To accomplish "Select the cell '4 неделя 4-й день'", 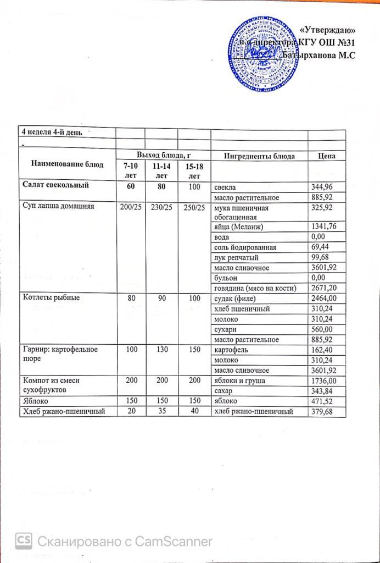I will point(52,132).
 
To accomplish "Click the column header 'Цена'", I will point(327,156).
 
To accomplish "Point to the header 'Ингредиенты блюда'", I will point(259,156).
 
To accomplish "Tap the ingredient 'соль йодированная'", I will point(245,247).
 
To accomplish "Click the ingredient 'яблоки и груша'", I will point(239,380).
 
